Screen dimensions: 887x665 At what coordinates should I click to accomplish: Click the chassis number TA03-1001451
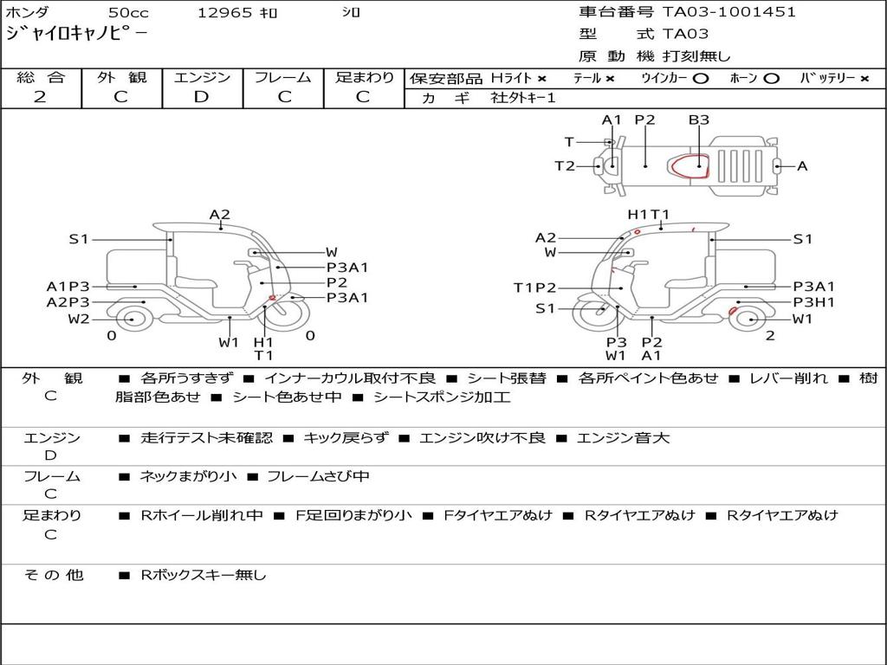coord(729,12)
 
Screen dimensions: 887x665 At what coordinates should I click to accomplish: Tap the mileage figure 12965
coord(224,12)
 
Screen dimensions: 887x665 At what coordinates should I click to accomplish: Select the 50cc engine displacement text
coord(128,12)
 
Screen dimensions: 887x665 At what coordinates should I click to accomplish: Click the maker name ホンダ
coord(27,12)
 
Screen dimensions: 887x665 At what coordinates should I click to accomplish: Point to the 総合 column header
coord(41,77)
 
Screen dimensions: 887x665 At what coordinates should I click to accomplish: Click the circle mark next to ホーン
coord(771,79)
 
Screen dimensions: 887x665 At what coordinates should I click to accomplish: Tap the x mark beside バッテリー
coord(864,79)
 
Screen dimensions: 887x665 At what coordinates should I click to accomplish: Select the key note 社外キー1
coord(523,98)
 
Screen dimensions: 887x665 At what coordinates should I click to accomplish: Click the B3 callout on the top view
coord(699,119)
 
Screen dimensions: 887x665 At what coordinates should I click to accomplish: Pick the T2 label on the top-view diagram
coord(565,165)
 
